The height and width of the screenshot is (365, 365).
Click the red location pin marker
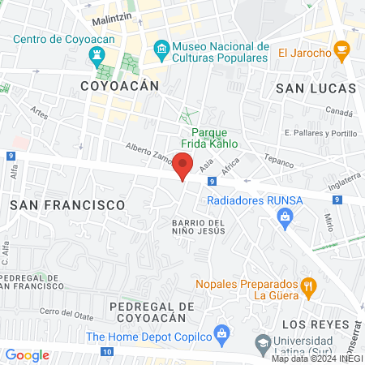point(183,165)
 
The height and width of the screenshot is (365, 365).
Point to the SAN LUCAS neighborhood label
point(316,87)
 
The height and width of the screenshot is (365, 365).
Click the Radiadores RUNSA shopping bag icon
point(285,215)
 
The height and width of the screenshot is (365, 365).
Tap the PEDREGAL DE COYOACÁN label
point(152,312)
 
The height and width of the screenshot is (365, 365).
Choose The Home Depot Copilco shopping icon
point(223,335)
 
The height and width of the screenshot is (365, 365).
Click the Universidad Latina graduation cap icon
point(262,344)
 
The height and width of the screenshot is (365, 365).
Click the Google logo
point(27,355)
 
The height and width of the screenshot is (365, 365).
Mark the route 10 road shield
point(108,351)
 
